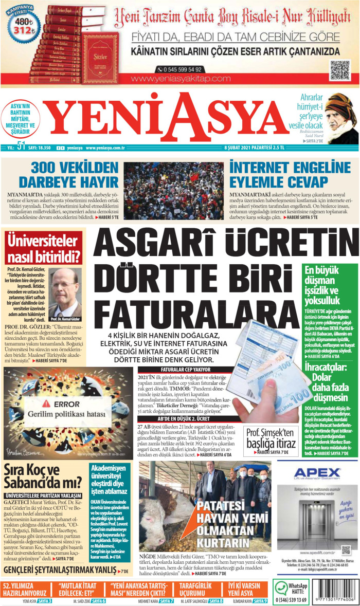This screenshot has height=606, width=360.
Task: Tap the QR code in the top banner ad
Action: (340, 70)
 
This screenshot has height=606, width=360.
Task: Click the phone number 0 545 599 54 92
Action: (180, 69)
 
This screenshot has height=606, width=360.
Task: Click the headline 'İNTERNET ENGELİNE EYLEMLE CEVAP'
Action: (279, 175)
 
